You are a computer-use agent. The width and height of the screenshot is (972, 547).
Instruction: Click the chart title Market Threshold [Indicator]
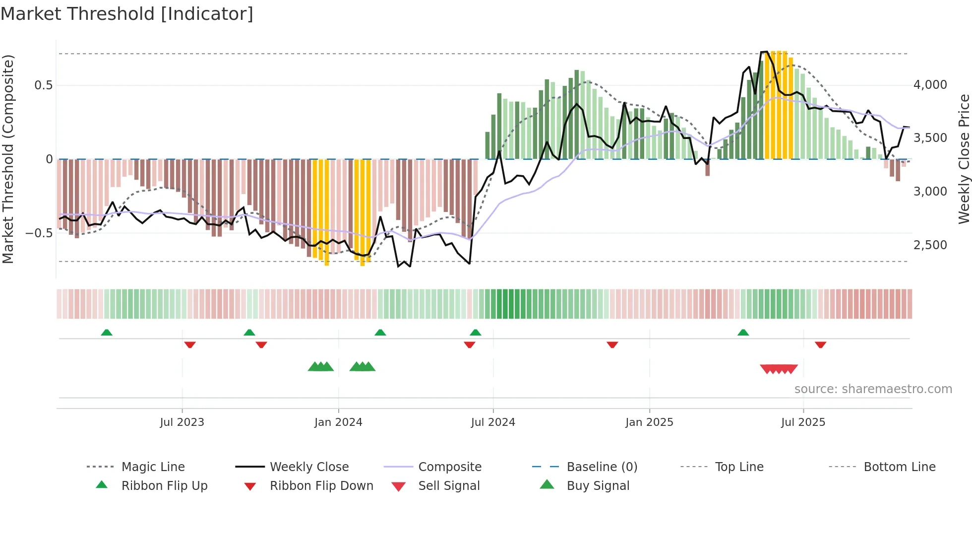(x=127, y=14)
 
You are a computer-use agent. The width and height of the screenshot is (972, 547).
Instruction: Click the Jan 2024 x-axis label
(x=338, y=422)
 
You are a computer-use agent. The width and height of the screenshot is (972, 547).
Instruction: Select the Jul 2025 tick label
(x=803, y=422)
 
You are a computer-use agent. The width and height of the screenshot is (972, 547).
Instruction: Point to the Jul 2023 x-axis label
(x=182, y=422)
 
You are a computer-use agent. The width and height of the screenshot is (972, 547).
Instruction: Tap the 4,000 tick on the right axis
(x=930, y=85)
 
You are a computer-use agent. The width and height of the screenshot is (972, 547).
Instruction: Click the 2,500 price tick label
(x=930, y=245)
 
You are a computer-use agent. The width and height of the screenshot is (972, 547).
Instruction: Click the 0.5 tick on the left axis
(x=43, y=85)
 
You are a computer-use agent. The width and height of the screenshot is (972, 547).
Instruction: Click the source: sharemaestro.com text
(x=873, y=389)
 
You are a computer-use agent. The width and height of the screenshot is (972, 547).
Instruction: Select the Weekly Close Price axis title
(x=964, y=159)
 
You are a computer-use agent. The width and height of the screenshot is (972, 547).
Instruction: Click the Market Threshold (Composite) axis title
(x=8, y=159)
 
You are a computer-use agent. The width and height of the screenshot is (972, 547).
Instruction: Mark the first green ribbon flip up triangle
(x=107, y=333)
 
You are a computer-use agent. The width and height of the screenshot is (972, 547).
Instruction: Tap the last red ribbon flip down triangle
(x=820, y=344)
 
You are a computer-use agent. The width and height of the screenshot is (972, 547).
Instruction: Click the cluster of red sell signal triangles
(x=779, y=369)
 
